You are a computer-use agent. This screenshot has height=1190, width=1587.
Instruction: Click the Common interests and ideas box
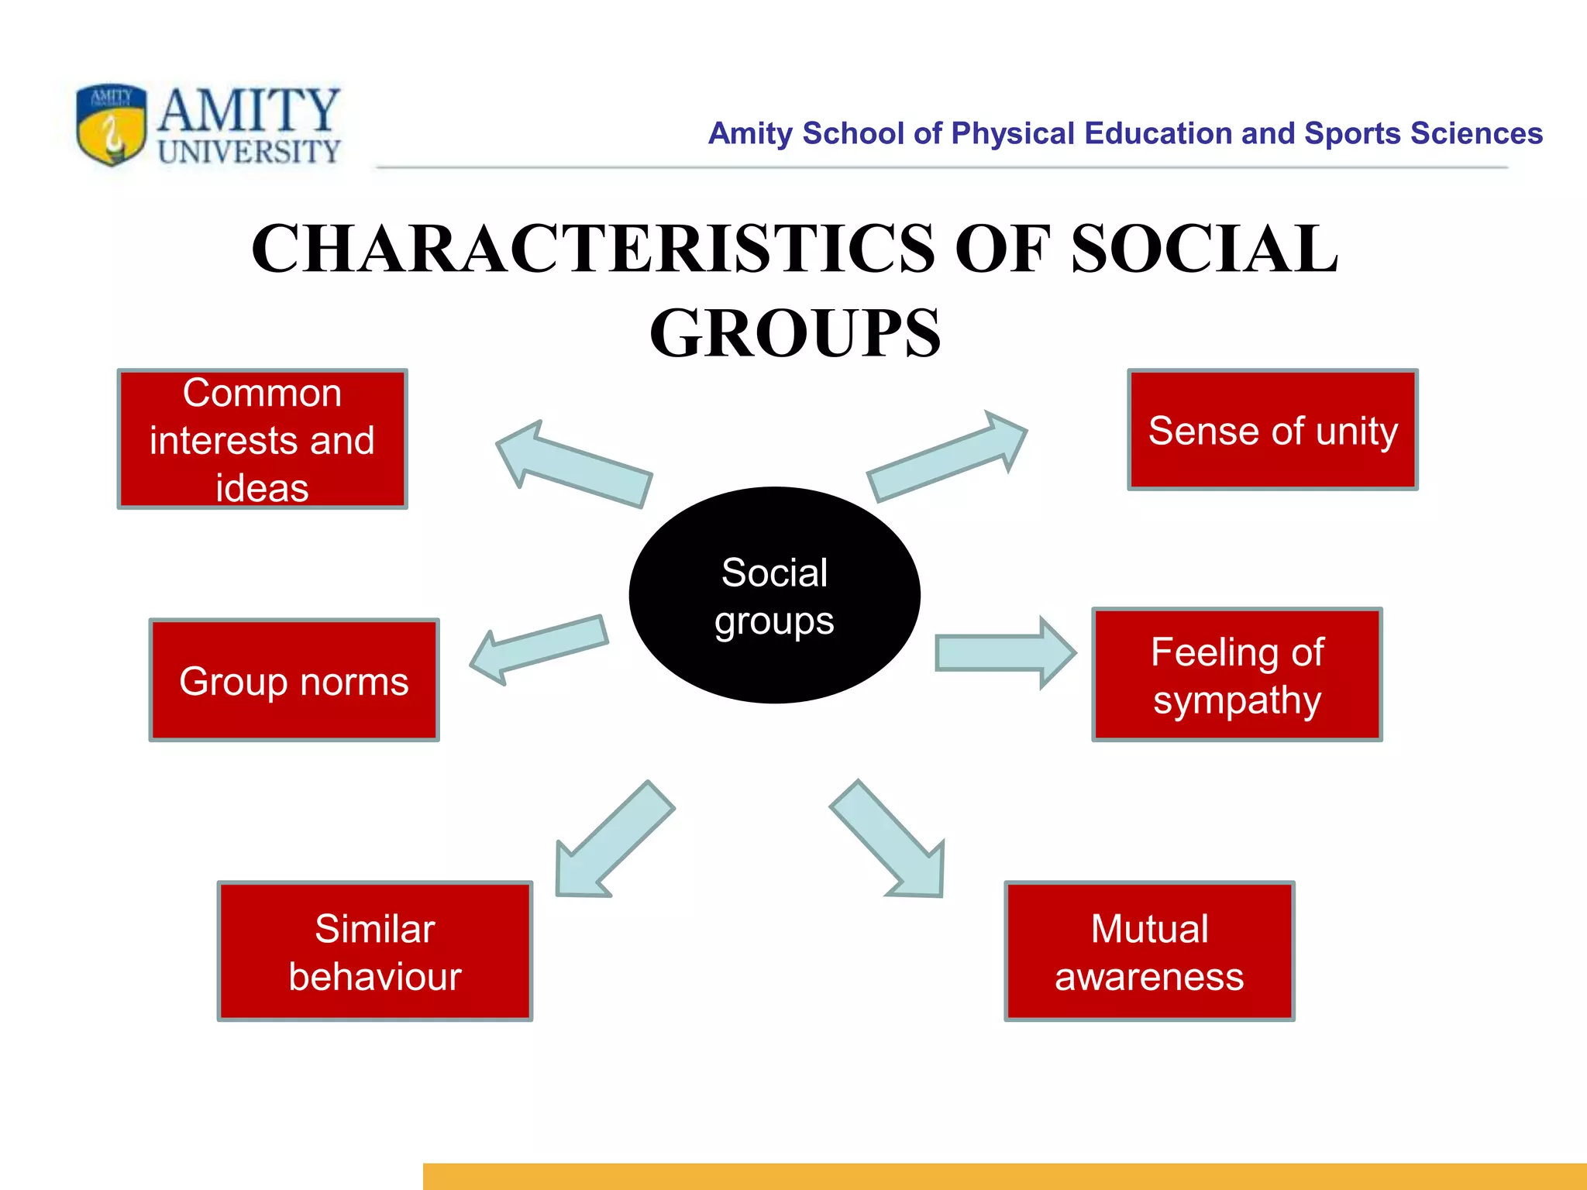point(262,439)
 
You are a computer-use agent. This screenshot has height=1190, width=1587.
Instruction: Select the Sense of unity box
point(1272,430)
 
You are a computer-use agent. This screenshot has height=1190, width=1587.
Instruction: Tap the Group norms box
point(294,680)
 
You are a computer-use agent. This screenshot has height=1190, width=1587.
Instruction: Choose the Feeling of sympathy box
point(1237,675)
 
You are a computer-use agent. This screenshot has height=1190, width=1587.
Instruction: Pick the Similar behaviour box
point(374,951)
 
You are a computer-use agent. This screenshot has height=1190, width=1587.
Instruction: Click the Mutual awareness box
point(1149,951)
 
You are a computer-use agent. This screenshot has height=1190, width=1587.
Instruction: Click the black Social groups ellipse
point(774,595)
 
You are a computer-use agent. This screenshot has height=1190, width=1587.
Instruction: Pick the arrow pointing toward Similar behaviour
point(612,841)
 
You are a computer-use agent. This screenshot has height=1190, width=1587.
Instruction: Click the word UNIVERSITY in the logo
point(249,152)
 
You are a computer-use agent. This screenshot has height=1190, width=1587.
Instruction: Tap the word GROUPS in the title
point(794,333)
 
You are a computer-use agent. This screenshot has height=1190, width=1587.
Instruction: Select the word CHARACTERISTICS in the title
point(593,249)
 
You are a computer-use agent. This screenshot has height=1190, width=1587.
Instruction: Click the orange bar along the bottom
point(1003,1176)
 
